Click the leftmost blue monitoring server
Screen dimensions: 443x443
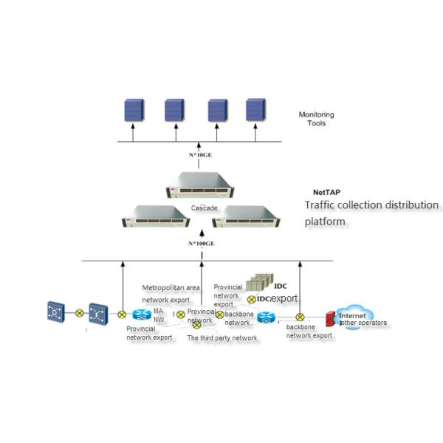pyautogui.click(x=132, y=110)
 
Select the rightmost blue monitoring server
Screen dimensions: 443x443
pyautogui.click(x=255, y=110)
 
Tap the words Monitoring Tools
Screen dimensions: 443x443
pyautogui.click(x=316, y=119)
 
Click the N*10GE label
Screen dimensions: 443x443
pyautogui.click(x=202, y=156)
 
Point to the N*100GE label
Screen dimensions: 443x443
pyautogui.click(x=200, y=243)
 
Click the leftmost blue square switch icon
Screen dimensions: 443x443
pyautogui.click(x=56, y=312)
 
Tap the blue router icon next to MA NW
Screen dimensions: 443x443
pyautogui.click(x=141, y=314)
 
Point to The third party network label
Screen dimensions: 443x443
pyautogui.click(x=222, y=337)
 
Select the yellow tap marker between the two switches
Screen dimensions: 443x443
pyautogui.click(x=79, y=312)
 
